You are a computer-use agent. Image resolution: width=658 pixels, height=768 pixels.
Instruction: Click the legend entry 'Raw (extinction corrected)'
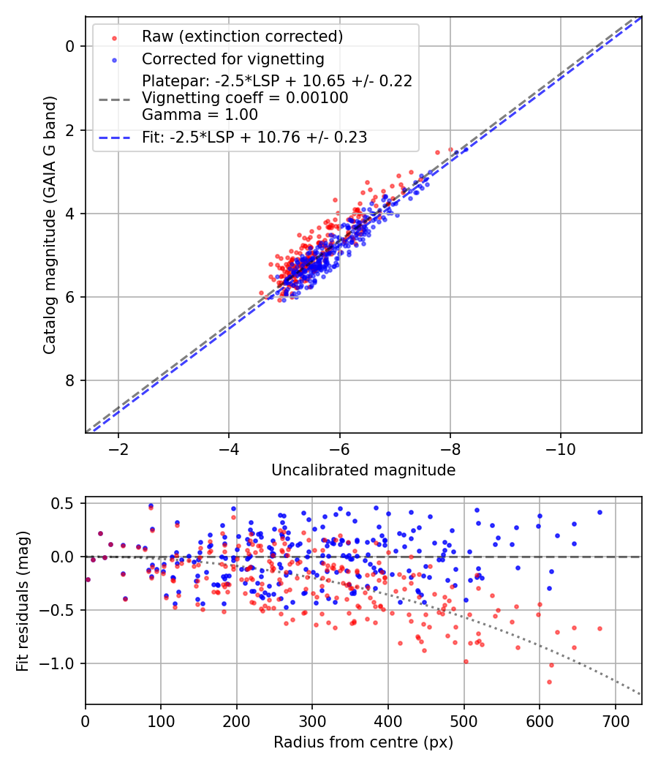pyautogui.click(x=242, y=37)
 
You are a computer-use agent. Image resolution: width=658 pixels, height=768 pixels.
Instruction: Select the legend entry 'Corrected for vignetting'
pyautogui.click(x=232, y=59)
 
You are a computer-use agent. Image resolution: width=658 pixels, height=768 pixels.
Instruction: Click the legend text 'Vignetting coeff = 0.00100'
pyautogui.click(x=245, y=98)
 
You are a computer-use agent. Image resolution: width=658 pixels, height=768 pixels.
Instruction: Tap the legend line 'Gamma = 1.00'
pyautogui.click(x=200, y=115)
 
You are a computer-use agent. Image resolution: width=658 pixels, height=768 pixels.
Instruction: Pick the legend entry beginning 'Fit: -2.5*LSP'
pyautogui.click(x=254, y=137)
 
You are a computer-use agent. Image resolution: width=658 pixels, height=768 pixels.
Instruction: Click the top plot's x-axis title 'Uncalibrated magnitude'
pyautogui.click(x=363, y=470)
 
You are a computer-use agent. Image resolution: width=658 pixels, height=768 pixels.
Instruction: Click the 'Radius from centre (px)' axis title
pyautogui.click(x=363, y=742)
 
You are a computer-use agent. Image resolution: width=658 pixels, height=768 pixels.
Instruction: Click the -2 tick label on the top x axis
pyautogui.click(x=118, y=448)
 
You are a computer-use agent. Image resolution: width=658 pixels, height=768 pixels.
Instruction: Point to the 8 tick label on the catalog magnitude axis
pyautogui.click(x=70, y=380)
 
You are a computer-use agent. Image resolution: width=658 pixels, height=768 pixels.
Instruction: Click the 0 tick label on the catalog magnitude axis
pyautogui.click(x=70, y=46)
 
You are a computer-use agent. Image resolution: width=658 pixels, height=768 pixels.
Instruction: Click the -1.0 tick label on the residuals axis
pyautogui.click(x=59, y=663)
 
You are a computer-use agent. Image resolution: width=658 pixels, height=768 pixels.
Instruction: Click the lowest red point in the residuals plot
pyautogui.click(x=549, y=682)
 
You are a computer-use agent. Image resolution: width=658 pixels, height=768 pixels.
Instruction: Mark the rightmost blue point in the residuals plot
pyautogui.click(x=600, y=512)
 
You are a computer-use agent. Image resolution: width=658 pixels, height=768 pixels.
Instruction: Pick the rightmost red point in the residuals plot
pyautogui.click(x=600, y=628)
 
